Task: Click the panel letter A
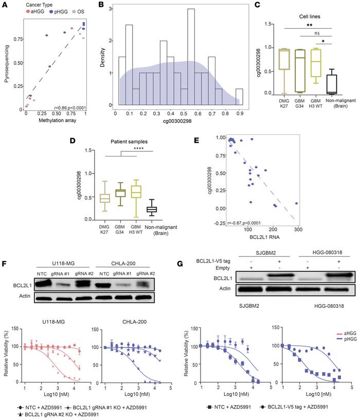[4, 4]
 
